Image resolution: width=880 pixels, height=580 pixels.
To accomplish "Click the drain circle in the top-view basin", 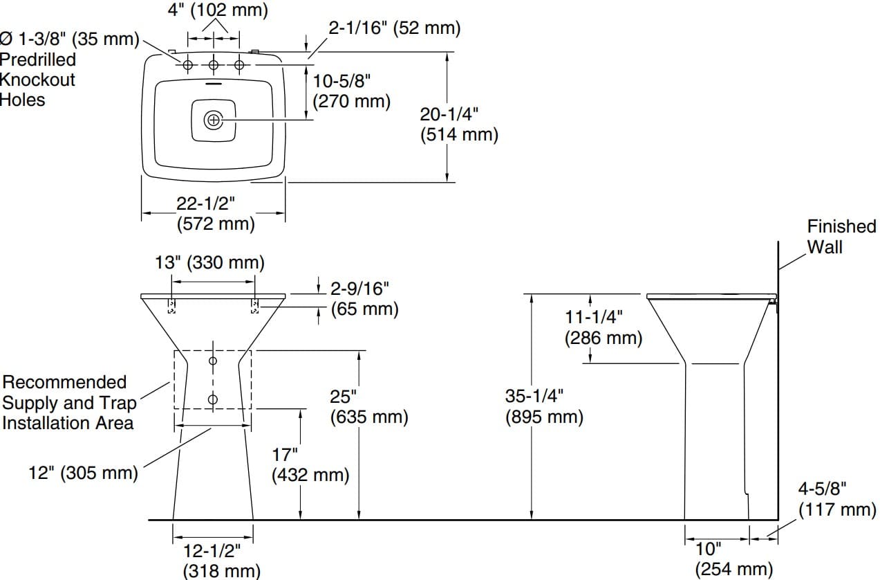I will pos(214,120).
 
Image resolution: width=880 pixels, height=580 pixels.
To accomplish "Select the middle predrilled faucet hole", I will pos(214,65).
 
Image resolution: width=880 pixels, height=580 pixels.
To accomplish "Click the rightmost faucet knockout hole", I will pos(239,65).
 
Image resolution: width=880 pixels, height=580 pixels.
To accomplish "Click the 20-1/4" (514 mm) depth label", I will pos(458,124).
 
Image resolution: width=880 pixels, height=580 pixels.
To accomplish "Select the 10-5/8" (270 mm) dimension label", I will pos(351,91).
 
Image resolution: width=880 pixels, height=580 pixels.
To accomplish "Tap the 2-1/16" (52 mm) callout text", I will pos(394,28).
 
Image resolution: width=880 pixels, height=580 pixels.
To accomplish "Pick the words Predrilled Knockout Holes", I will pos(37,80).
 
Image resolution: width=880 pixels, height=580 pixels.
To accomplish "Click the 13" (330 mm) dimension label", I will pos(209,262).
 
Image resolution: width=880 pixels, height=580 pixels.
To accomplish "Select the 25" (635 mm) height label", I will pos(369,407).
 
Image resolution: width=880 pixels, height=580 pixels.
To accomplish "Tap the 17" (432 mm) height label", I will pos(310,465).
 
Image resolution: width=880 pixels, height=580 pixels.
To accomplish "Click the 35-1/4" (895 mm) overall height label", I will pos(544,406).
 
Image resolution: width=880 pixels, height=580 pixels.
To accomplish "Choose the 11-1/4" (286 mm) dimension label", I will pos(603,327).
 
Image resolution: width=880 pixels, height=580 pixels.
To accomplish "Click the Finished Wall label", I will pos(841,236).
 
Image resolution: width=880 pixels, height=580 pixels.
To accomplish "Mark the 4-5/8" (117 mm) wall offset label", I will pos(837,499).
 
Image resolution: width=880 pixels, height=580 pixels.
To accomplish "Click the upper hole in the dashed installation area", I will pos(213,361).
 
